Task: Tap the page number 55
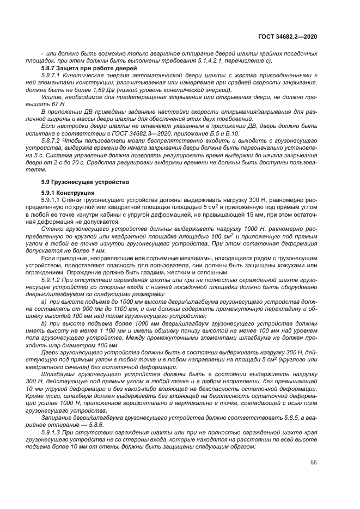pos(313,463)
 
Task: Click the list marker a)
pos(45,301)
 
